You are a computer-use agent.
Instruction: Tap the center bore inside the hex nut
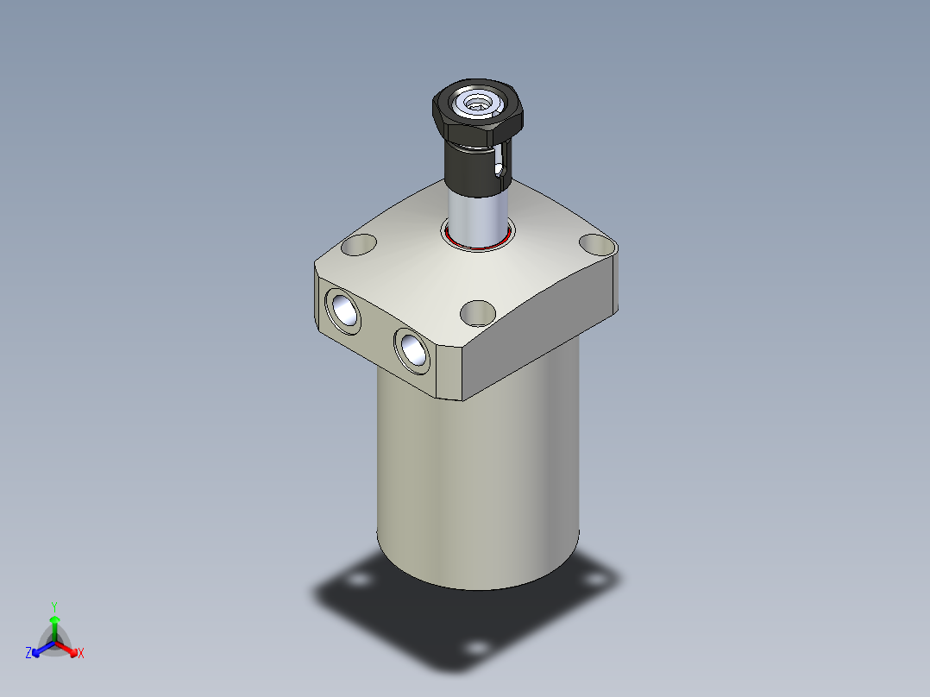pyautogui.click(x=476, y=105)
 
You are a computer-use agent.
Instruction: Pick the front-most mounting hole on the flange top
pyautogui.click(x=477, y=312)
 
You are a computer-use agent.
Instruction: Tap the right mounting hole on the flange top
pyautogui.click(x=595, y=244)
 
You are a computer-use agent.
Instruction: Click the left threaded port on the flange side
pyautogui.click(x=342, y=311)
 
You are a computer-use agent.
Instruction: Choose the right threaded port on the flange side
pyautogui.click(x=412, y=350)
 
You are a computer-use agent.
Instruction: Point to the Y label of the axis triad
pyautogui.click(x=54, y=606)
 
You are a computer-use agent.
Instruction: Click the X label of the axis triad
pyautogui.click(x=81, y=654)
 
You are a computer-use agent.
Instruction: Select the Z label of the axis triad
pyautogui.click(x=28, y=654)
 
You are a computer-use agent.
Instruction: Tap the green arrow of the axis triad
pyautogui.click(x=54, y=623)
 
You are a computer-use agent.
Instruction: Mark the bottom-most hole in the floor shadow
pyautogui.click(x=474, y=647)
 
